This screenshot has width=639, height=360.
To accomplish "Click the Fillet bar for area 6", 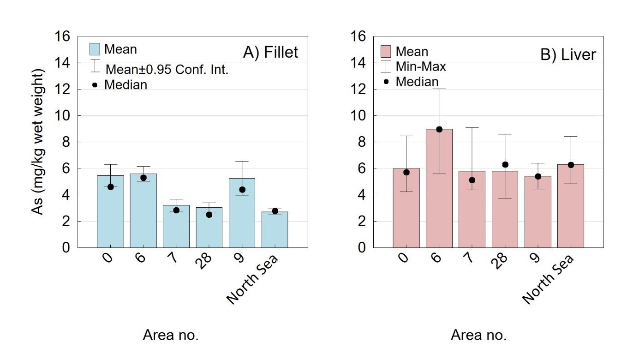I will click(143, 210).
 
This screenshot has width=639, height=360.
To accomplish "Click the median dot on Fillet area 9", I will click(242, 190).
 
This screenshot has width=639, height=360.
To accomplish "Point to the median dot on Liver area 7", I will click(472, 180).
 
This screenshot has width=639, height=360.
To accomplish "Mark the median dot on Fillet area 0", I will click(110, 187).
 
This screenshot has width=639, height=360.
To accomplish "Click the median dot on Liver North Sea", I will click(571, 165).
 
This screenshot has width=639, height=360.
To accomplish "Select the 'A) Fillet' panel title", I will click(270, 53).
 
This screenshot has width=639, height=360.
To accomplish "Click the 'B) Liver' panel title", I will click(568, 55).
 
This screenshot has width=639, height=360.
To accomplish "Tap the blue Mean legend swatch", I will click(95, 48).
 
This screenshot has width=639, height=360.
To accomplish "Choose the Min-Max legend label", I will click(421, 66).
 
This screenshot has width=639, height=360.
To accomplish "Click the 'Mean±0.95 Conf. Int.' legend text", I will click(167, 70).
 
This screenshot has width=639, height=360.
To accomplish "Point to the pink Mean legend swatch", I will click(386, 51).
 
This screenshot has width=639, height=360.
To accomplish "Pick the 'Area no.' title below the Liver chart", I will click(478, 335).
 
